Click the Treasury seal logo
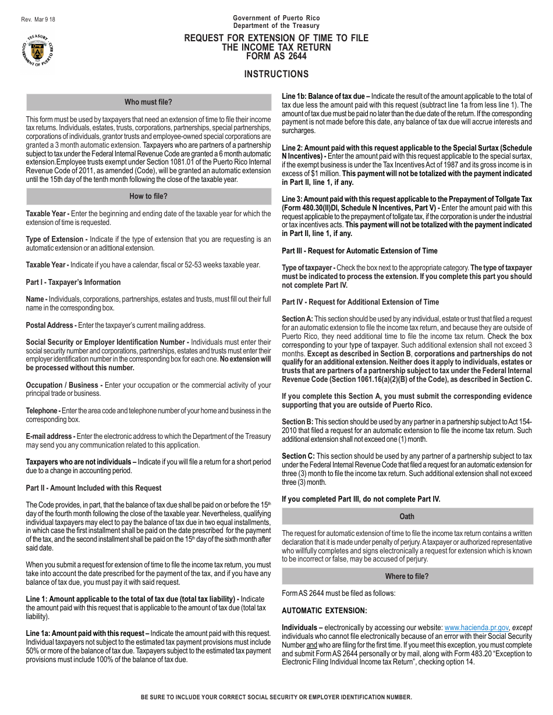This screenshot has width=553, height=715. point(38,49)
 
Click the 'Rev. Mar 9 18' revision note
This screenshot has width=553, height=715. point(38,19)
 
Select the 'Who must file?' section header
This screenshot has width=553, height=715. point(148,102)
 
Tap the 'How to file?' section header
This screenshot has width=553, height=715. point(148,196)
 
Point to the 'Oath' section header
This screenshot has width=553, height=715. point(407,516)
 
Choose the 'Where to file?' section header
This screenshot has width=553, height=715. point(407,576)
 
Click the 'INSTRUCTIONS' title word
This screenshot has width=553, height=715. point(276,74)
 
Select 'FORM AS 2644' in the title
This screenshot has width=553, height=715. point(276,56)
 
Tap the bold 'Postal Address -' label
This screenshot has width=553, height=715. point(51,326)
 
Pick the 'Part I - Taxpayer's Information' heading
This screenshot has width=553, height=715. point(73,283)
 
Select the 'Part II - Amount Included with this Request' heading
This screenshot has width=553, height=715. point(94,488)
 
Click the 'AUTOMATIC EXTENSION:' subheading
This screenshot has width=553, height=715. point(324,611)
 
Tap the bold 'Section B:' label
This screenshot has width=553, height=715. point(297,422)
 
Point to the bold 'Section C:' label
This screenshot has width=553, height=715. point(298,456)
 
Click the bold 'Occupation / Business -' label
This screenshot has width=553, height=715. point(64,385)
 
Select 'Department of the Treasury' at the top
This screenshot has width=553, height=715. point(276,26)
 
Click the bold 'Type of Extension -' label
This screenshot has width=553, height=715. point(56,239)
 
